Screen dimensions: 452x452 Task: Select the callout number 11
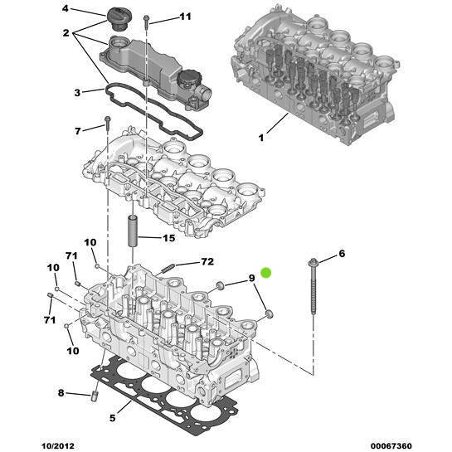point(184,17)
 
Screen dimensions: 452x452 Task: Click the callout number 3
point(77,92)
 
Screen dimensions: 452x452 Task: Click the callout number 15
point(168,239)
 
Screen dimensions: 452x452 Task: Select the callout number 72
point(207,263)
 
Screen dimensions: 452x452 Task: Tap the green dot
point(266,272)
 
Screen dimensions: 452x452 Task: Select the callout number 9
point(251,279)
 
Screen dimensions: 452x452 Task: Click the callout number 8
point(61,392)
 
